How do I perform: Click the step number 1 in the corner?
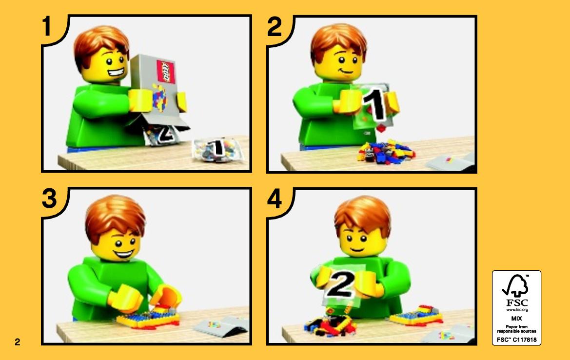47,26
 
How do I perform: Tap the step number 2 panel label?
275,26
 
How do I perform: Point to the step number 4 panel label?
275,199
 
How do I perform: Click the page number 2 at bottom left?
18,342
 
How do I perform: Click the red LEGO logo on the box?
165,72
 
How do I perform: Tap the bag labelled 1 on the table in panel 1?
216,149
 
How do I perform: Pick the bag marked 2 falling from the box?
162,135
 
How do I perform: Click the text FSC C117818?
516,340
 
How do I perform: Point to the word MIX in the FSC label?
516,318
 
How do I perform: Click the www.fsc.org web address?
517,310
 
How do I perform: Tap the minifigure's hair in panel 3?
115,217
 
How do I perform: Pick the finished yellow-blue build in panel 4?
416,316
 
